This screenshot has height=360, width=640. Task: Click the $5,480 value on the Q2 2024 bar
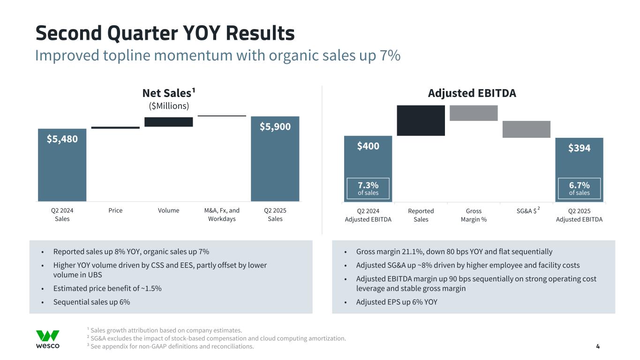click(x=62, y=139)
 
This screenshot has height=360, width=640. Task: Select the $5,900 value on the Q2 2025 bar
click(x=275, y=127)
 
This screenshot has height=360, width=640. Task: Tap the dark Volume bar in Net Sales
click(x=168, y=122)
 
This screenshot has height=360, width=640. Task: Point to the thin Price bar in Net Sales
click(x=115, y=127)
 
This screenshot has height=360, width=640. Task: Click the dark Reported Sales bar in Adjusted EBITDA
click(x=421, y=120)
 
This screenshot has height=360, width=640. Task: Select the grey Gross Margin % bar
click(x=474, y=113)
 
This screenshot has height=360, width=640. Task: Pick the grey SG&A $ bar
click(x=526, y=129)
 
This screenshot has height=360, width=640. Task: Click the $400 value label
click(x=368, y=147)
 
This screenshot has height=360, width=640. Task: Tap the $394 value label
click(x=580, y=148)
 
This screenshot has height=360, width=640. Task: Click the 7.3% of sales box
click(x=368, y=188)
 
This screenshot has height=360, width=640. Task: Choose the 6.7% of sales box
click(x=580, y=188)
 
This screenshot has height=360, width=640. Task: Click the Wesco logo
click(x=48, y=339)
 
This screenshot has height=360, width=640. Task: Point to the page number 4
click(x=598, y=347)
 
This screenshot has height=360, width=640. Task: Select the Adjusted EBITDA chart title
click(x=472, y=93)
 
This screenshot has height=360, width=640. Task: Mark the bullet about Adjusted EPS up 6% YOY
click(x=397, y=302)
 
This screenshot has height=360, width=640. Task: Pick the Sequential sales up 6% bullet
click(x=91, y=302)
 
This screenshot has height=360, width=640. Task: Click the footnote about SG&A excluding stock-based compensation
click(x=217, y=338)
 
